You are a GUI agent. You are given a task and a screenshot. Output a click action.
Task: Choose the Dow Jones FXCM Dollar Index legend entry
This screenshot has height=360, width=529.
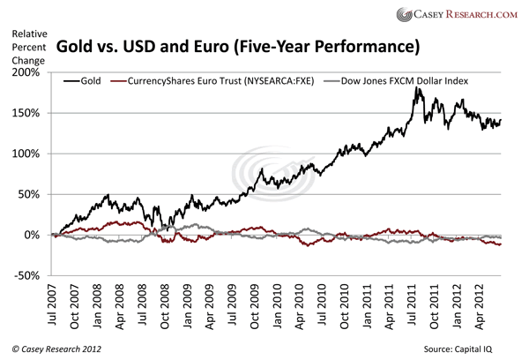(x=398, y=80)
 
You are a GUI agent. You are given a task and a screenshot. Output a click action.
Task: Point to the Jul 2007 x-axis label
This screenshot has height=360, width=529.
(x=56, y=306)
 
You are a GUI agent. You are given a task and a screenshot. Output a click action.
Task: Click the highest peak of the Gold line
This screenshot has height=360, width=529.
(x=415, y=88)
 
